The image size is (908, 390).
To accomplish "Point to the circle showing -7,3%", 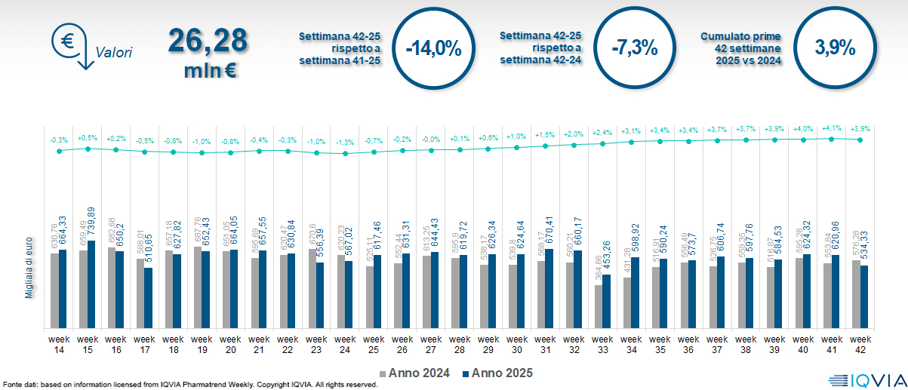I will tap(635, 48).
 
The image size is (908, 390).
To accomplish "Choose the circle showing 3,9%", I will tap(835, 48).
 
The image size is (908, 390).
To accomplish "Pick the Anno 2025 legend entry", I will tap(497, 373).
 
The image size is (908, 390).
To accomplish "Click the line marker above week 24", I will tap(345, 153).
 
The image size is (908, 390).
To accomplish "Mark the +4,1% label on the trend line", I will tap(833, 128).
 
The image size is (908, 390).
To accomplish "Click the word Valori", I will tap(114, 53).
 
